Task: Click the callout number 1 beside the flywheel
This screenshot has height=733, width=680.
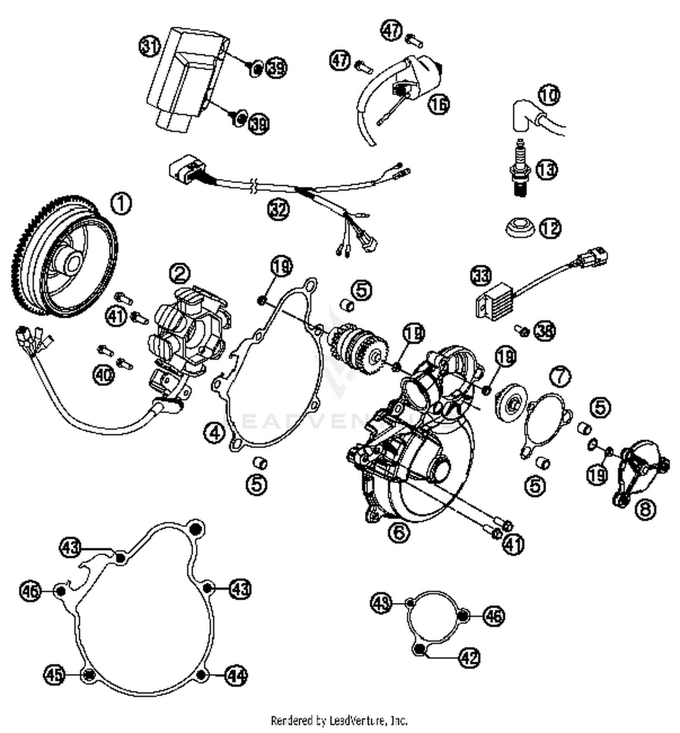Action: (x=121, y=204)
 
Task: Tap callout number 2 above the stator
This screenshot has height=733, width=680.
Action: (x=180, y=273)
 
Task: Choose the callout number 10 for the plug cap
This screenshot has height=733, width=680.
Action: (x=549, y=95)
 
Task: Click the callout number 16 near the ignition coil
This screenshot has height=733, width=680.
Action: (x=439, y=104)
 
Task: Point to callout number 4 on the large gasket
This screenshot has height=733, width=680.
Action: (x=214, y=432)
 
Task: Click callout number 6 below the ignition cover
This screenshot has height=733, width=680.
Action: (x=399, y=532)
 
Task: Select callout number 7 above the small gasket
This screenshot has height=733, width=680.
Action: (x=560, y=376)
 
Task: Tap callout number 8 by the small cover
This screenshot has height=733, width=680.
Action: (x=645, y=509)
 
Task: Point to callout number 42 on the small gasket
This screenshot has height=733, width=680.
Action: (x=469, y=657)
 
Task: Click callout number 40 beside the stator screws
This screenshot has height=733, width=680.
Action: (x=103, y=375)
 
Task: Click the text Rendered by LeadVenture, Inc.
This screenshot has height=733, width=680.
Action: (x=339, y=720)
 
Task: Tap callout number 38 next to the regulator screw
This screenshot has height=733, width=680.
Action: (x=544, y=331)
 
